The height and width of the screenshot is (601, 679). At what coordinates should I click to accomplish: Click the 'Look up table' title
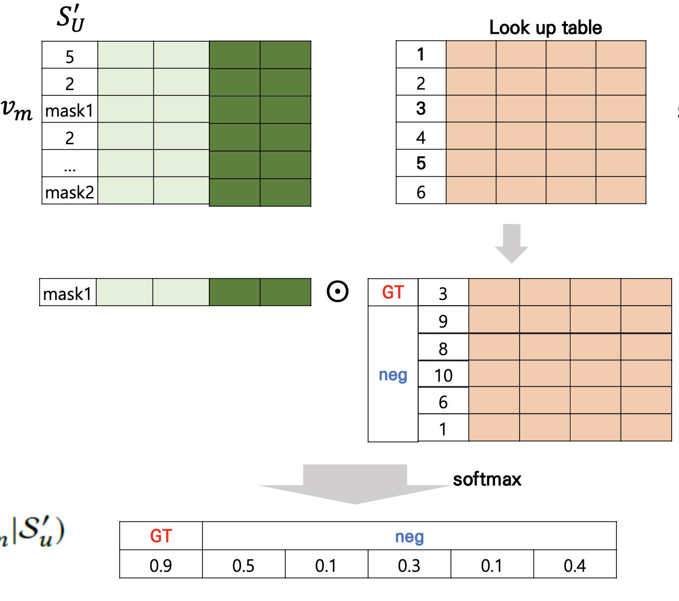coord(545,28)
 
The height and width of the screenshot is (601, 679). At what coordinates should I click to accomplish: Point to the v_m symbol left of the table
coord(17,109)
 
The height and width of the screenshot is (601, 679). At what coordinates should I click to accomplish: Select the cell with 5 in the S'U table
coord(70,56)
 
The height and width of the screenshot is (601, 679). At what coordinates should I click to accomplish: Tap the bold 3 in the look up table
coord(421,109)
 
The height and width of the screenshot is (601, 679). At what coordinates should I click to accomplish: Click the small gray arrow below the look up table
coord(512,243)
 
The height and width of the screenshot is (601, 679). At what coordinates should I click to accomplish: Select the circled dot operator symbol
coord(337,291)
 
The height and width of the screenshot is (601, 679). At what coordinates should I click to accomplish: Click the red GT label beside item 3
coord(393,292)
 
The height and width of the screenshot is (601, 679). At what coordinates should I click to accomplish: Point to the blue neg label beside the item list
coord(393,375)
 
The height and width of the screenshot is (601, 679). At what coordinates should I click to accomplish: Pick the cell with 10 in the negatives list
coord(443,375)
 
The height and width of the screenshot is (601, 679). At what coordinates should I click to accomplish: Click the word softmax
coord(487,479)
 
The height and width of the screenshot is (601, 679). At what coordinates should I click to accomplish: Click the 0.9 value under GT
coord(160,565)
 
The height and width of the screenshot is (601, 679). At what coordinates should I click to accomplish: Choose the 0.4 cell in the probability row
coord(575,565)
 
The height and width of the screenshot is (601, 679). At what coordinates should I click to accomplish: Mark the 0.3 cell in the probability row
coord(409,565)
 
